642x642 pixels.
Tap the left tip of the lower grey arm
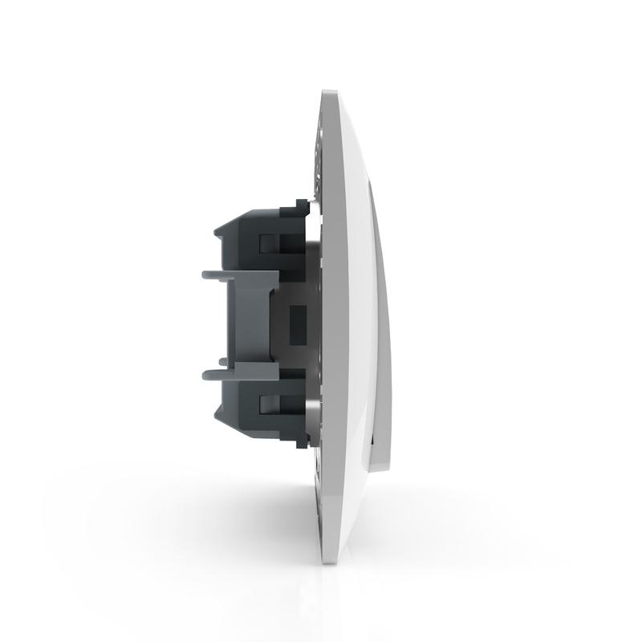coord(205,372)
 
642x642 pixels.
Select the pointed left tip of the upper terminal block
coord(215,233)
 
